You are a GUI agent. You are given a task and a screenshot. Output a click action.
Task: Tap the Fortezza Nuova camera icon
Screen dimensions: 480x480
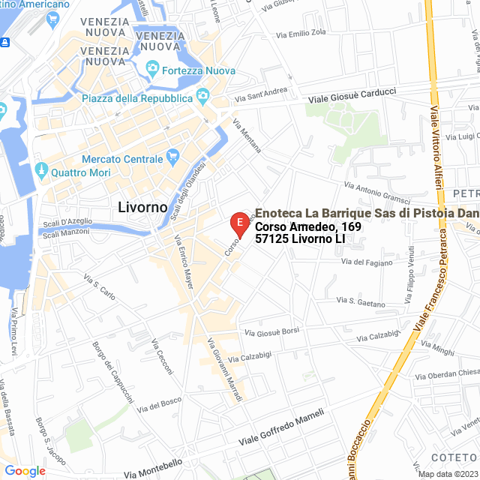(152, 70)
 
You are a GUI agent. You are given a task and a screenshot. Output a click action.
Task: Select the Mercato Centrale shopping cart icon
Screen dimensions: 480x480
(173, 158)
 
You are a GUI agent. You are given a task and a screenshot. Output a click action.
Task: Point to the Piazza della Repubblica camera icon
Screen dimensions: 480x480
(202, 97)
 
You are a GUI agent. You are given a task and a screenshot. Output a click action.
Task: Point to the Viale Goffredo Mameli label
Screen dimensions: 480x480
(280, 427)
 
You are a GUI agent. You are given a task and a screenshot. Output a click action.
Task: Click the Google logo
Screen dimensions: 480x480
(24, 470)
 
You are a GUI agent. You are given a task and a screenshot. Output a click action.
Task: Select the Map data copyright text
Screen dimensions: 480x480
(447, 474)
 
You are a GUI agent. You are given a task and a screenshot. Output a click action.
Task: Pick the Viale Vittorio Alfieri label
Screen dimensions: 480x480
(436, 139)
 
